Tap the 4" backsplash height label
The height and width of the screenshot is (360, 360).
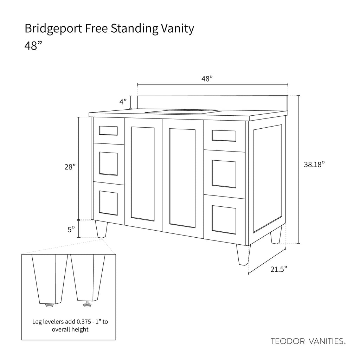123,102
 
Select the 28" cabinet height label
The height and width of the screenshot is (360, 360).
70,167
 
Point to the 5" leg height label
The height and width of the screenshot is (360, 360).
71,229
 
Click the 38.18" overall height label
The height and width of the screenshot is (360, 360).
314,164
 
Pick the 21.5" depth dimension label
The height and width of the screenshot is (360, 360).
279,269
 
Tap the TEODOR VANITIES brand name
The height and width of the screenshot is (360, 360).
308,341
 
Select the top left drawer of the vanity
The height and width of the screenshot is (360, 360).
108,130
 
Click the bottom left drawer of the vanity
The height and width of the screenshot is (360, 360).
108,203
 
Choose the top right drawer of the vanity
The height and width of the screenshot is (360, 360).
224,135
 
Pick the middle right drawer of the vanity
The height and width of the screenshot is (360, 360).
224,173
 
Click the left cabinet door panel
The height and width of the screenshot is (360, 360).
142,174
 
